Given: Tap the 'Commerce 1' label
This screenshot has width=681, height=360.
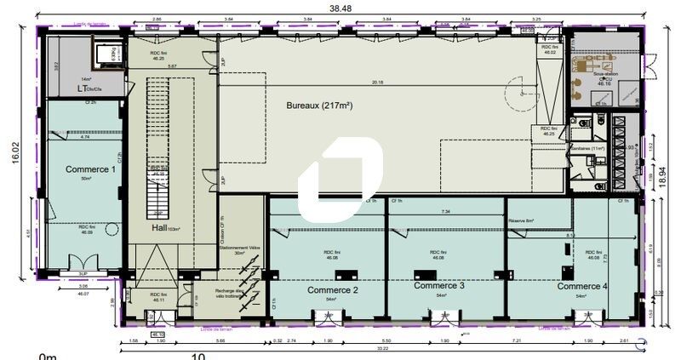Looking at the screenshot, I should pyautogui.click(x=90, y=169).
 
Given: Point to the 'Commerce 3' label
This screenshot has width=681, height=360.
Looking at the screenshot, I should pyautogui.click(x=438, y=286).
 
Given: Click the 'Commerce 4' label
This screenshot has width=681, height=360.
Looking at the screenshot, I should pyautogui.click(x=582, y=287).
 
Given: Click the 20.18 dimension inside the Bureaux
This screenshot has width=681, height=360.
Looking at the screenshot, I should pyautogui.click(x=377, y=83).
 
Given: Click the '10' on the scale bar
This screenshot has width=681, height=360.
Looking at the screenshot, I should pyautogui.click(x=197, y=357).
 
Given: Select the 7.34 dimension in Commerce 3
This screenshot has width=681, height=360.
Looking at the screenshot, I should pyautogui.click(x=445, y=211).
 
